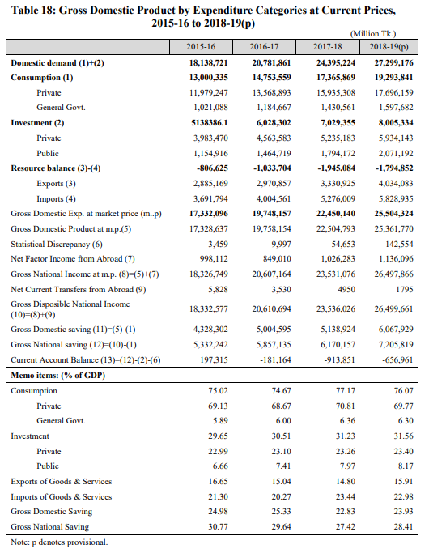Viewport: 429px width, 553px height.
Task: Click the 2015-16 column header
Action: click(x=201, y=46)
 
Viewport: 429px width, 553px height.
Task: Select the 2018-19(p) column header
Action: click(x=389, y=46)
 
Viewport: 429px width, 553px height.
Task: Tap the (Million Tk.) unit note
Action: click(x=373, y=34)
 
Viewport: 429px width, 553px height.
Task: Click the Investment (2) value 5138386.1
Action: click(x=210, y=123)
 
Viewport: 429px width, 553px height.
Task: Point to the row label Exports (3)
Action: click(x=56, y=184)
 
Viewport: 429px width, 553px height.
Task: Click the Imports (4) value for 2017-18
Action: click(x=338, y=199)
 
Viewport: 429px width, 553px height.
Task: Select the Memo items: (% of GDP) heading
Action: click(x=57, y=375)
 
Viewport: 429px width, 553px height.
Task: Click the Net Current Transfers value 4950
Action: click(x=346, y=289)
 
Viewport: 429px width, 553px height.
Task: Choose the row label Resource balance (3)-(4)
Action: click(x=56, y=168)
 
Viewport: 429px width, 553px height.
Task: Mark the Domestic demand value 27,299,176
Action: click(x=393, y=63)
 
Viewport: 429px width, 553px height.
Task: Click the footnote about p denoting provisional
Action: click(x=59, y=542)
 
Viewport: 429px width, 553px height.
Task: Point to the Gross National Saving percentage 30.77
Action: click(x=218, y=526)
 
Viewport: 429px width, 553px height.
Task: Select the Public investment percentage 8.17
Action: click(x=406, y=466)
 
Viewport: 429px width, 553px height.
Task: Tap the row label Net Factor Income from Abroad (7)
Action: click(x=73, y=259)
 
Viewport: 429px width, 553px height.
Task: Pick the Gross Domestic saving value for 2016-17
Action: click(x=274, y=329)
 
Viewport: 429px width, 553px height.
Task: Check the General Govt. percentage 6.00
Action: click(x=282, y=421)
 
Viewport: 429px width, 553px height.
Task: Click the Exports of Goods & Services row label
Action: click(x=62, y=482)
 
